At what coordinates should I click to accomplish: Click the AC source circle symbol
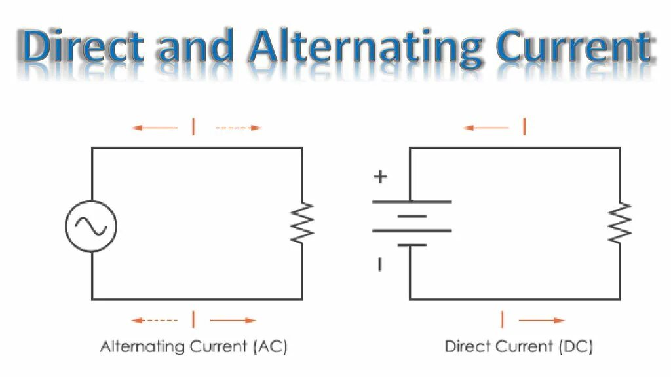(x=91, y=226)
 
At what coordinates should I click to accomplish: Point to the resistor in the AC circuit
(x=302, y=223)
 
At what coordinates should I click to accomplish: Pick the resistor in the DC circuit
(x=620, y=223)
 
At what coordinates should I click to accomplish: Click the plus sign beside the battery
(x=380, y=176)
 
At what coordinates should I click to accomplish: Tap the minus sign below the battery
(x=379, y=264)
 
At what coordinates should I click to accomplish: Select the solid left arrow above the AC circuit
(x=155, y=128)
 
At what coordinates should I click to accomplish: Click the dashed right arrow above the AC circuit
(x=239, y=128)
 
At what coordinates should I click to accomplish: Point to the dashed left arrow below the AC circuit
(x=155, y=321)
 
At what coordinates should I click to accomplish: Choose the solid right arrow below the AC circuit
(x=233, y=321)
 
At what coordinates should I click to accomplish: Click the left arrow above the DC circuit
(x=486, y=128)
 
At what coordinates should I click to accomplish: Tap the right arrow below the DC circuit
(x=541, y=321)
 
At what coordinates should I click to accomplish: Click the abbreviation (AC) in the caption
(x=270, y=346)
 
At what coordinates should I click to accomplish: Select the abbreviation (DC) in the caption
(x=577, y=346)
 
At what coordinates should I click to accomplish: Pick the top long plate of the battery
(x=412, y=201)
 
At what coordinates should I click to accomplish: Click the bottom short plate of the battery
(x=412, y=245)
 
